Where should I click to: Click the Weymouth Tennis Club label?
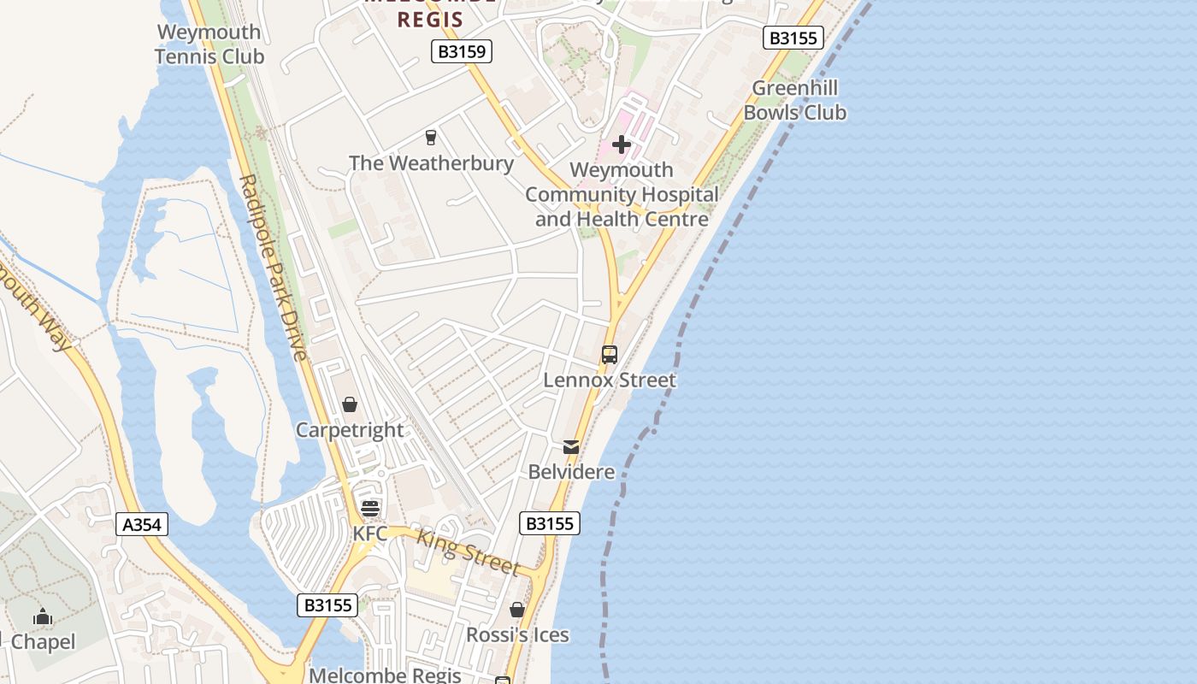209,44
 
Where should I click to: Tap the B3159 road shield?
462,52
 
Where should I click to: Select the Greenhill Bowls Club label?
794,100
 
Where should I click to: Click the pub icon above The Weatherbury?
431,138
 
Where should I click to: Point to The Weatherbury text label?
431,162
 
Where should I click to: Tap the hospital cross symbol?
622,144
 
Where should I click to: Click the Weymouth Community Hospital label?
622,194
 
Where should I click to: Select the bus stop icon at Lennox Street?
610,355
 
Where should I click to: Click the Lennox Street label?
610,380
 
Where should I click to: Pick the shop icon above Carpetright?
349,404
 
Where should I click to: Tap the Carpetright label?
349,429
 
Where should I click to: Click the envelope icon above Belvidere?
571,447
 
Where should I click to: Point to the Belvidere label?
571,472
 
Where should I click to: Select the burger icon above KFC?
370,509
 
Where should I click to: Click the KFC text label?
370,534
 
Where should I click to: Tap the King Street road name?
468,551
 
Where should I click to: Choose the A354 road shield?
142,524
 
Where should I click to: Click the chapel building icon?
43,616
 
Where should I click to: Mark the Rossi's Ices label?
517,634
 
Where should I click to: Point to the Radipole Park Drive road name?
274,267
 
